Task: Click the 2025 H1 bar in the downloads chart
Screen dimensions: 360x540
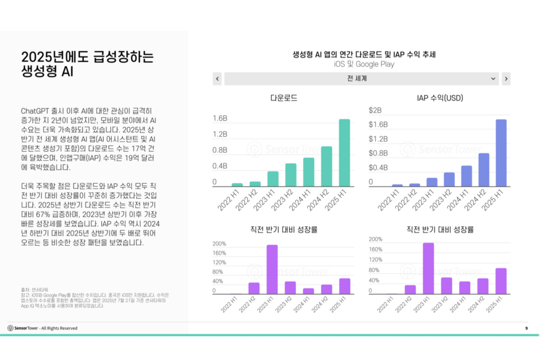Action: (x=344, y=153)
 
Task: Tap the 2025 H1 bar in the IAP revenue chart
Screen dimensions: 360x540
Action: (x=501, y=153)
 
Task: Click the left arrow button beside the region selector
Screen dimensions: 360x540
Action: (x=217, y=79)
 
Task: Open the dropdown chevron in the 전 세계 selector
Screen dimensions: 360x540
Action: (x=493, y=79)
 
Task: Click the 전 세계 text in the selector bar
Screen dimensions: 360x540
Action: (x=357, y=79)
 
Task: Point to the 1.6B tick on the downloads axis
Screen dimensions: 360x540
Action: (x=220, y=119)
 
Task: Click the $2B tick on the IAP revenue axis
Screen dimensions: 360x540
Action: (x=375, y=110)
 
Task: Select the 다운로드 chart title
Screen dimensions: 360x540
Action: (x=283, y=98)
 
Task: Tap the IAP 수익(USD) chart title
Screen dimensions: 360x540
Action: (x=440, y=98)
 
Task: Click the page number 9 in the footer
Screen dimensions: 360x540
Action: (x=526, y=328)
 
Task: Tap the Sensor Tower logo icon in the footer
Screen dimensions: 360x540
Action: (x=11, y=328)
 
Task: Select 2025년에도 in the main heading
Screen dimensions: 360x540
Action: (x=55, y=57)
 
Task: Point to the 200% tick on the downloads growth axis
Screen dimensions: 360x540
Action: (x=219, y=244)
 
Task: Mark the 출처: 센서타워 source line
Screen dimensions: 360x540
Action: (x=33, y=290)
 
